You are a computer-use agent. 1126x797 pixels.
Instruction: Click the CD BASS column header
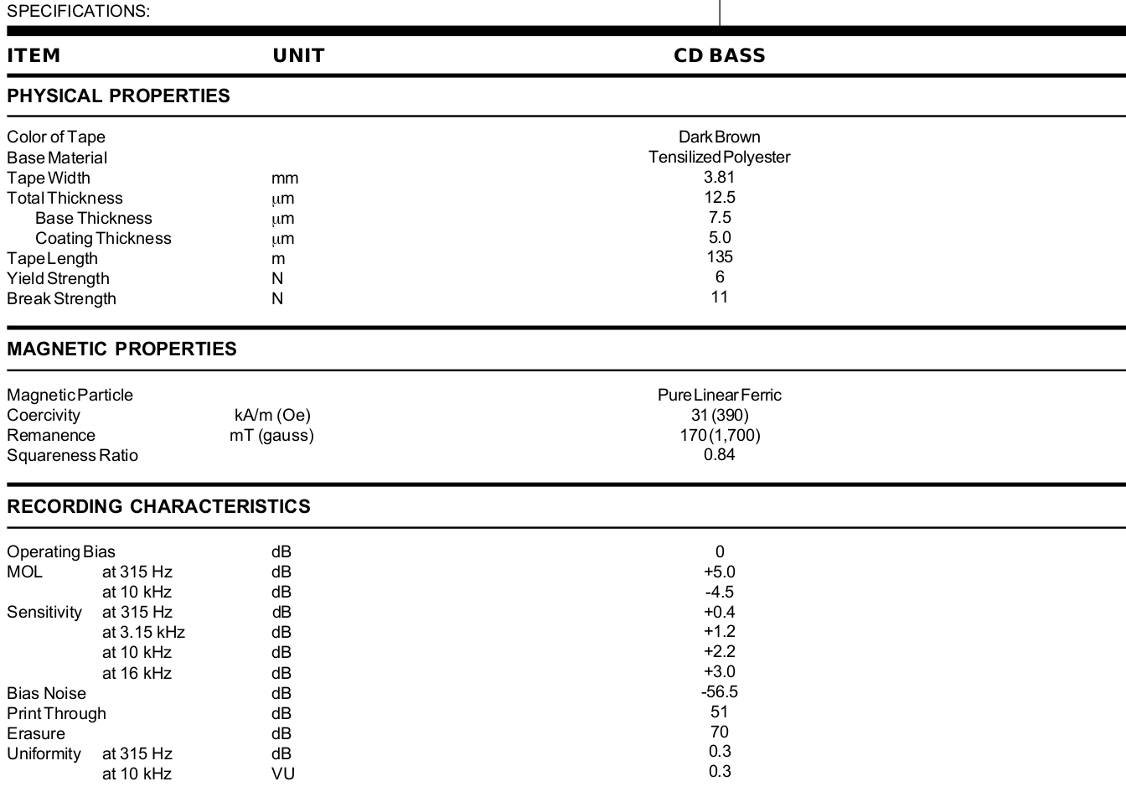[719, 55]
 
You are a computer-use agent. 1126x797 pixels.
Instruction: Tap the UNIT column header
[298, 55]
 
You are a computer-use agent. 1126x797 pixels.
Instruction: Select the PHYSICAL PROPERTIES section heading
[118, 96]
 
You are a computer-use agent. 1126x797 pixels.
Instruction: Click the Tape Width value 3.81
[719, 177]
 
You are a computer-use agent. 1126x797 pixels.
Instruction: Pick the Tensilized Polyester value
[719, 157]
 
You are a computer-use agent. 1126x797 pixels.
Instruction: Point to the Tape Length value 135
[719, 256]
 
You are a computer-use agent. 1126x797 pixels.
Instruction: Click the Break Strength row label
[61, 298]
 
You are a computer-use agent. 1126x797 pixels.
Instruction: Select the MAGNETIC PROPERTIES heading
[121, 349]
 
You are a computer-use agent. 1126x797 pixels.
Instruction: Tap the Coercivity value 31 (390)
[719, 415]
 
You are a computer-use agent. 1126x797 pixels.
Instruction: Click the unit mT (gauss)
[271, 435]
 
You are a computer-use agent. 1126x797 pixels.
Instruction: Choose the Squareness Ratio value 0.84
[719, 454]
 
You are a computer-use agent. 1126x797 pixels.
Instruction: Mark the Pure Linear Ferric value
[719, 395]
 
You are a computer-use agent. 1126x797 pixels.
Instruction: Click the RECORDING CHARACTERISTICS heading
[158, 506]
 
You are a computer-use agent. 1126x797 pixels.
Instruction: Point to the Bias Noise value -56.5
[719, 691]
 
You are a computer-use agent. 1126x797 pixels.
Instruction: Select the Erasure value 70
[719, 732]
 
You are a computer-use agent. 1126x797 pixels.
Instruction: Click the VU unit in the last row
[282, 774]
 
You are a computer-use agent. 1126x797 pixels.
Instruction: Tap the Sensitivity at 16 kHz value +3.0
[719, 671]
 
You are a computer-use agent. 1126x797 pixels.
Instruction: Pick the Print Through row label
[56, 713]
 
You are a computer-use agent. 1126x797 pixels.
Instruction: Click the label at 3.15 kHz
[143, 632]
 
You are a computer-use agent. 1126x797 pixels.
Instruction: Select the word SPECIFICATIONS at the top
[78, 11]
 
